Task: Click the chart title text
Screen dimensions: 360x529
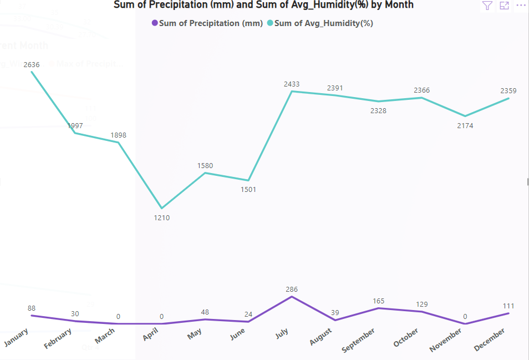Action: (263, 5)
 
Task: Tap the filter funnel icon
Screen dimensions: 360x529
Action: (487, 6)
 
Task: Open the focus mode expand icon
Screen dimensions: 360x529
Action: (504, 6)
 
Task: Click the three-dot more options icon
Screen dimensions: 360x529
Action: (520, 6)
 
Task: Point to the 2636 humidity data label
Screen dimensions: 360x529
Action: (32, 65)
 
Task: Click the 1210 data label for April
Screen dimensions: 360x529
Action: (162, 218)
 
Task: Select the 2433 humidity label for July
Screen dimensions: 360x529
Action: (292, 84)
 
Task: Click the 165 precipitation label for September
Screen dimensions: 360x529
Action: (379, 301)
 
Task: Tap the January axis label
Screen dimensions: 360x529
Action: (17, 338)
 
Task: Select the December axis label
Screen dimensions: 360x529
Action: (490, 339)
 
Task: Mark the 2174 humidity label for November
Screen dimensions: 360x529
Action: (465, 126)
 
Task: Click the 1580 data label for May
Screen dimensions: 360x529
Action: (205, 165)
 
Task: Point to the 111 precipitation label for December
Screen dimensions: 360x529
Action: (508, 306)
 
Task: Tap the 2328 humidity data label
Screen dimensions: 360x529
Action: (379, 111)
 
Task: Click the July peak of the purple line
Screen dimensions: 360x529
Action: (292, 297)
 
